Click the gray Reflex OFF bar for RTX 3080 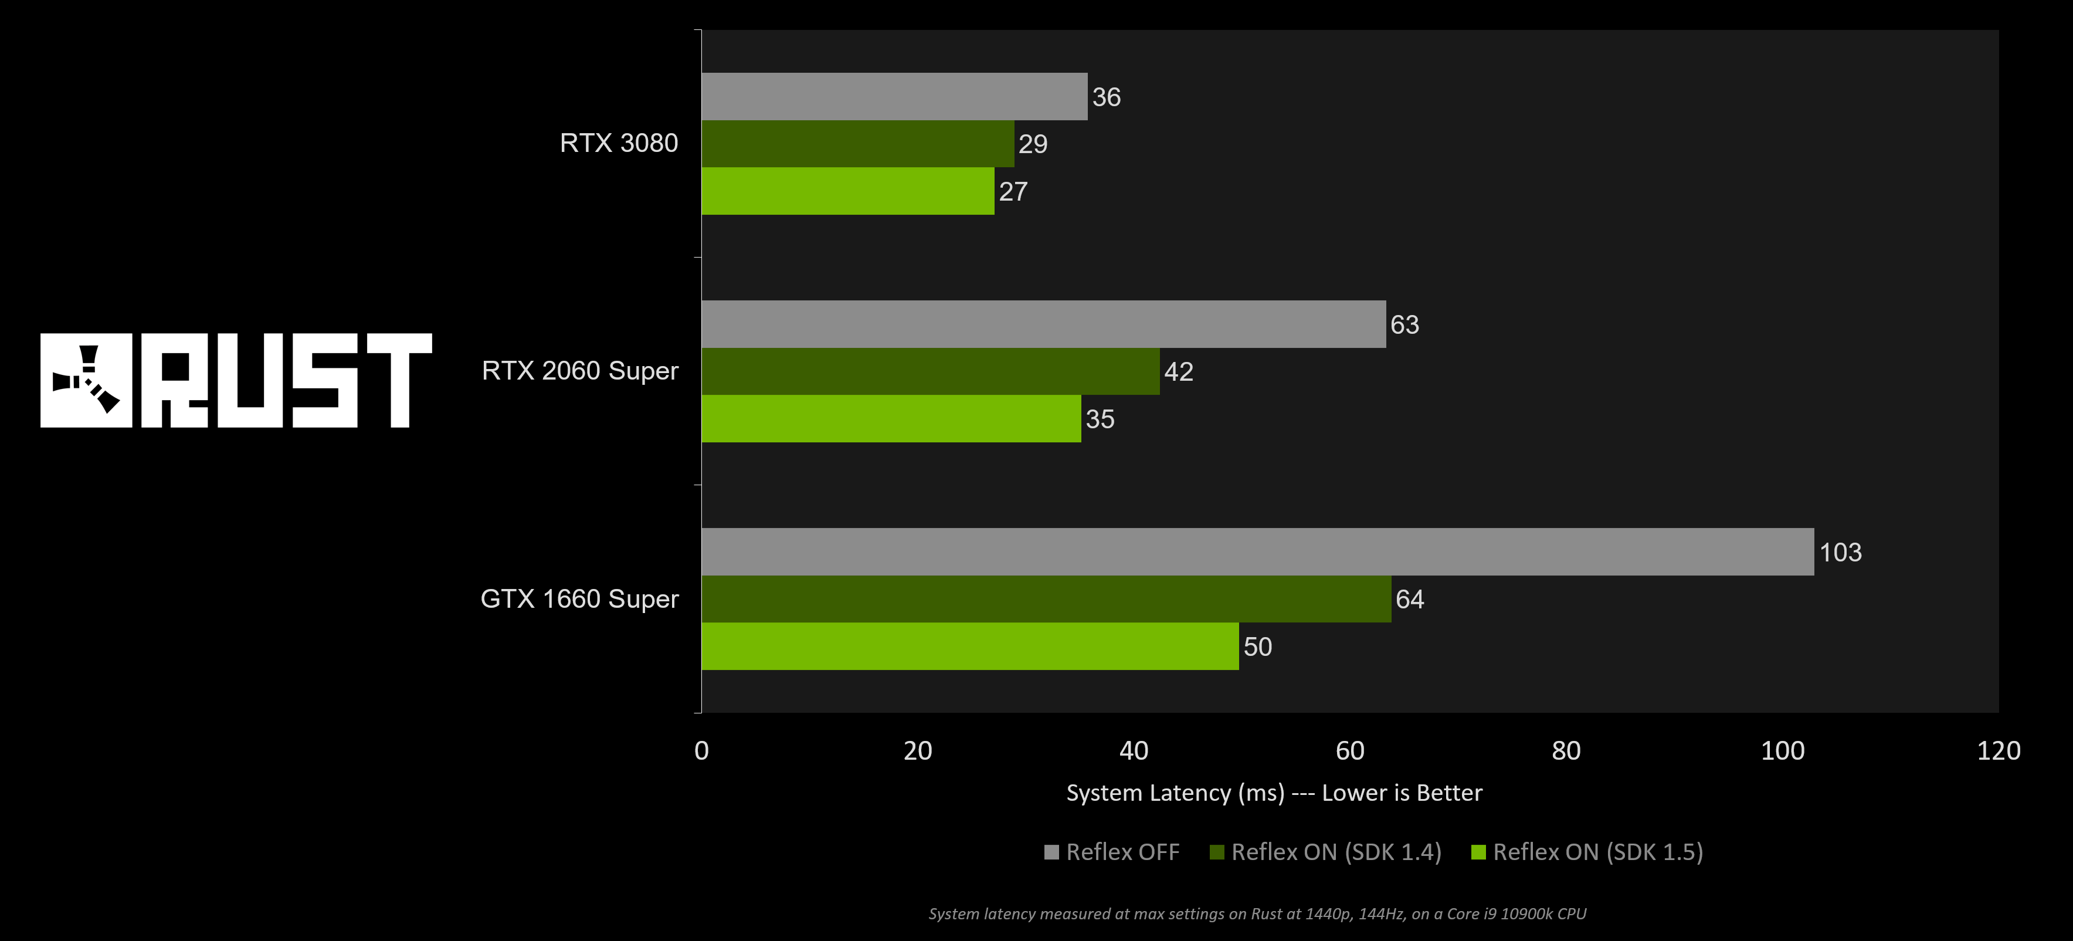pyautogui.click(x=893, y=97)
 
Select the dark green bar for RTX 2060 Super pyautogui.click(x=929, y=371)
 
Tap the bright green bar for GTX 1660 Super pyautogui.click(x=970, y=646)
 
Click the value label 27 pyautogui.click(x=1013, y=192)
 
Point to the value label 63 pyautogui.click(x=1404, y=324)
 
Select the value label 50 pyautogui.click(x=1258, y=646)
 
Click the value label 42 pyautogui.click(x=1178, y=371)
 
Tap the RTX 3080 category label pyautogui.click(x=618, y=143)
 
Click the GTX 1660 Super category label pyautogui.click(x=579, y=599)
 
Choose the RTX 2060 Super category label pyautogui.click(x=579, y=371)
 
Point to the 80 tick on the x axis pyautogui.click(x=1566, y=751)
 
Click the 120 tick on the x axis pyautogui.click(x=1998, y=751)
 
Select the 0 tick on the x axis pyautogui.click(x=702, y=751)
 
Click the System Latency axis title pyautogui.click(x=1274, y=793)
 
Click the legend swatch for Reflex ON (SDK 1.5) pyautogui.click(x=1478, y=852)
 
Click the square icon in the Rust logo pyautogui.click(x=86, y=380)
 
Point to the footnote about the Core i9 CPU pyautogui.click(x=1257, y=913)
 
